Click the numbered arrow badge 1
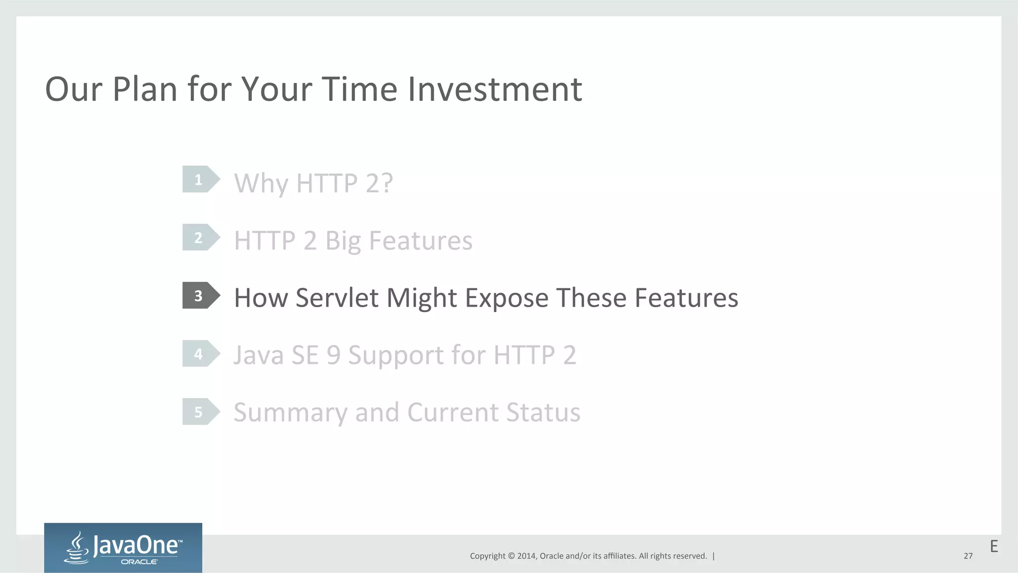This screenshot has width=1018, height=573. pos(200,179)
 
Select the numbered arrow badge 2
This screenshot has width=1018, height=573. pos(200,238)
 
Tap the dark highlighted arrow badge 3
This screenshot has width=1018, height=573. pos(200,296)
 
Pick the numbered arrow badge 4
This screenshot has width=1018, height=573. pos(200,354)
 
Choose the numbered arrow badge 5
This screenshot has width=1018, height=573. pos(200,412)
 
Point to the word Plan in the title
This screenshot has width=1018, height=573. pos(145,89)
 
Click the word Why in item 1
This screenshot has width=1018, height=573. pos(260,184)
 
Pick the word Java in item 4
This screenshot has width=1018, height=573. pos(258,356)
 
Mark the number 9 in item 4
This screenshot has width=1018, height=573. pos(334,356)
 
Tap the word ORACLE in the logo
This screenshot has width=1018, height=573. pos(139,562)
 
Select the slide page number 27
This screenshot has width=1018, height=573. pos(968,556)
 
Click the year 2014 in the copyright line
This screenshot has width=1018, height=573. pos(526,556)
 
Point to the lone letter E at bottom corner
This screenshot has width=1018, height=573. pos(994,547)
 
